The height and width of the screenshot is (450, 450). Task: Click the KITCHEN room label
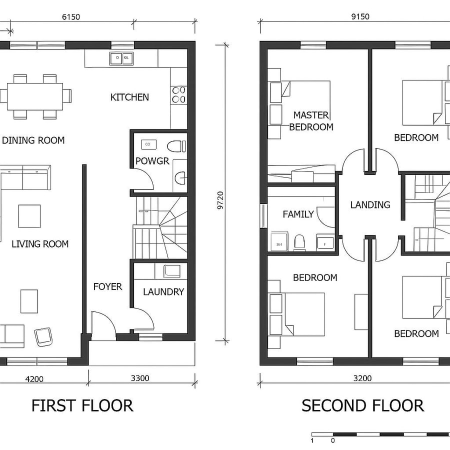click(129, 97)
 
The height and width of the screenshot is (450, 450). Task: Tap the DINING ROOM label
click(33, 140)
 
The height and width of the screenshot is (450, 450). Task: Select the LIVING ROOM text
click(40, 244)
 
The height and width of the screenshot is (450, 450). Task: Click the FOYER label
click(107, 286)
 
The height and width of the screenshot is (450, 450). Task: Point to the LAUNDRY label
click(163, 291)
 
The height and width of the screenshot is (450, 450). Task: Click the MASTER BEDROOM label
click(311, 121)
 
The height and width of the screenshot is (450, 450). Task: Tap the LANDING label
click(370, 204)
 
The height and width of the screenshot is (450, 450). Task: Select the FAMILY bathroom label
click(298, 214)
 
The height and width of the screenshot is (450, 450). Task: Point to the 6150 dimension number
click(71, 16)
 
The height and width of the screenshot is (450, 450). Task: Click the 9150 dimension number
click(360, 16)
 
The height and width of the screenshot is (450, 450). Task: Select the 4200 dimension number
click(33, 378)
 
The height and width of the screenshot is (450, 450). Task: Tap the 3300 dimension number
click(140, 378)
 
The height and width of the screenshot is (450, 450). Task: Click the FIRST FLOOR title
click(82, 405)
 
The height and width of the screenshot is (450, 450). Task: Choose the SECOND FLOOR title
click(362, 405)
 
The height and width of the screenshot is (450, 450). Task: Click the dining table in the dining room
click(35, 96)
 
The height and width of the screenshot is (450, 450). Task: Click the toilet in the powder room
click(176, 146)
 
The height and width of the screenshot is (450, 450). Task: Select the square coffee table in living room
click(29, 216)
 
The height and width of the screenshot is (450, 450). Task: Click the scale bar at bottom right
click(380, 434)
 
